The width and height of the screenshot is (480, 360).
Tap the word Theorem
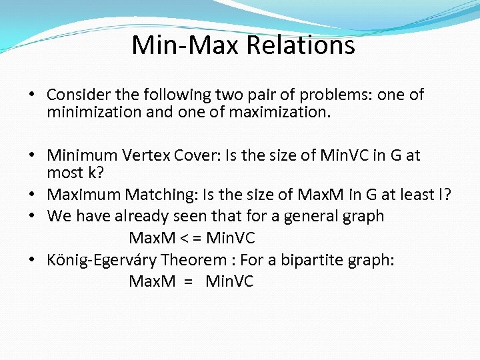tap(199, 259)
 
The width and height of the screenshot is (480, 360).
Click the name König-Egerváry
tap(101, 259)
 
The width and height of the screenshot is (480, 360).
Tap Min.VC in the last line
tap(230, 281)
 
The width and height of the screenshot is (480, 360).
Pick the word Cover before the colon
tap(197, 156)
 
